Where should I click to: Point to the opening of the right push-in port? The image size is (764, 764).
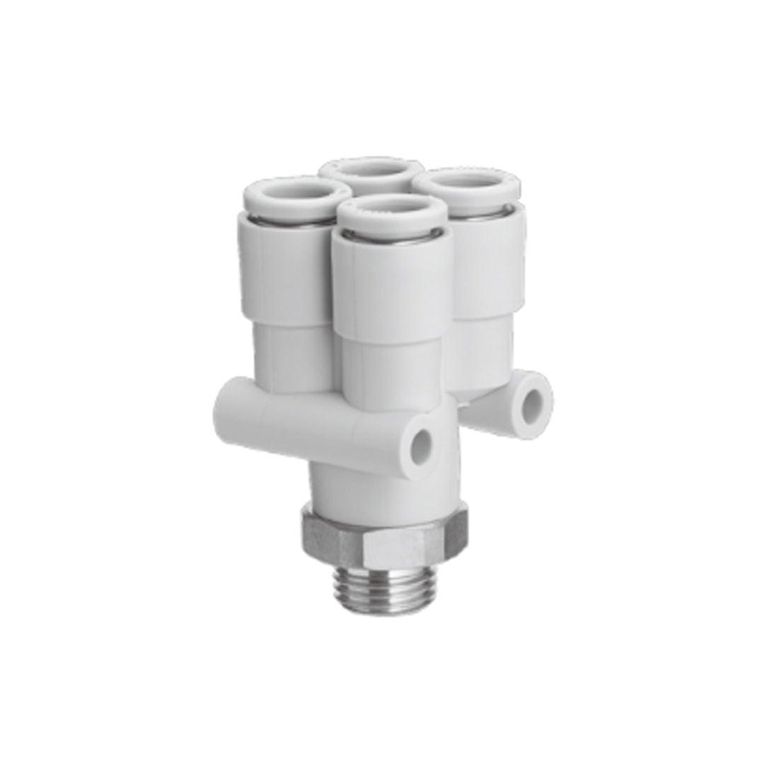(x=465, y=180)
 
